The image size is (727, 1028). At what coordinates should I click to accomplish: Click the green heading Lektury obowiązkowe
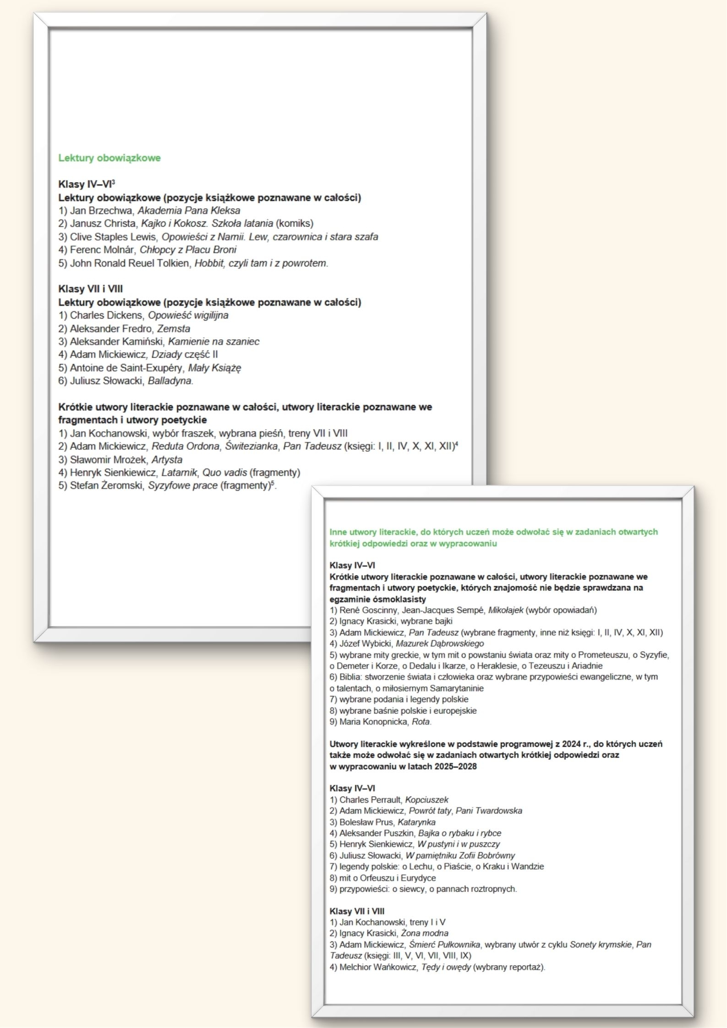(x=109, y=158)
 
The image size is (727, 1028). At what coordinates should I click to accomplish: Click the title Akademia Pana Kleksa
(x=189, y=211)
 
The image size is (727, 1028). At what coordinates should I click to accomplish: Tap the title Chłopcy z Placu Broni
(x=188, y=250)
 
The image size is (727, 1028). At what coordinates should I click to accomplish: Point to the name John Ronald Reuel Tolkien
(x=129, y=263)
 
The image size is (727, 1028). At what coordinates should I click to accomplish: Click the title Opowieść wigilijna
(x=188, y=315)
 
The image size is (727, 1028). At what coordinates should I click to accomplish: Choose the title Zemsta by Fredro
(x=174, y=328)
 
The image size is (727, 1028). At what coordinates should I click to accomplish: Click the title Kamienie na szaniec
(x=213, y=342)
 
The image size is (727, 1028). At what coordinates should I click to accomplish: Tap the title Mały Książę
(x=214, y=368)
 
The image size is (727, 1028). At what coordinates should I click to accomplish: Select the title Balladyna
(x=170, y=381)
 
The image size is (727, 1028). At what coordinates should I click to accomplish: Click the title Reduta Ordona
(x=186, y=446)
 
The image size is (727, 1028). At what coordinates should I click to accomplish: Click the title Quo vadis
(x=224, y=473)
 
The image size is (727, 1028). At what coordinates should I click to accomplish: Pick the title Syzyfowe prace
(x=182, y=486)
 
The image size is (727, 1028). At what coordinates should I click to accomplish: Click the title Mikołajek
(x=506, y=610)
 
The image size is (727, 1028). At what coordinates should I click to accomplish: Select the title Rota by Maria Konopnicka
(x=421, y=722)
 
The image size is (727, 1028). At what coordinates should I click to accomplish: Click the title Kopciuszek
(x=426, y=800)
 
